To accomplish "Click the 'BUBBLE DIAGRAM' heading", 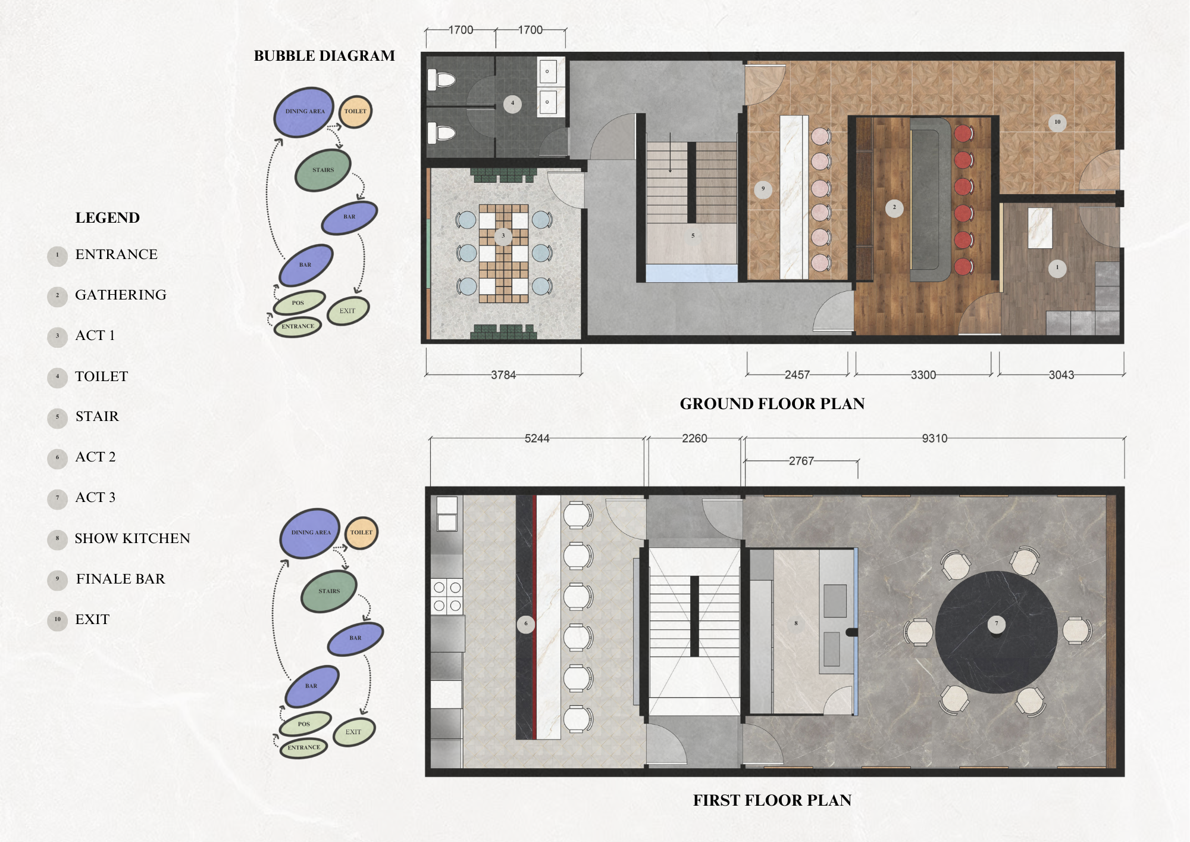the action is click(x=324, y=56).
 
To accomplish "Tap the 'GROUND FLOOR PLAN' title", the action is click(x=772, y=404).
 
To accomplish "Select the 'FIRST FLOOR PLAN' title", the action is click(x=772, y=800).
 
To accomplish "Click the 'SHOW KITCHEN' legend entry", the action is click(x=132, y=538).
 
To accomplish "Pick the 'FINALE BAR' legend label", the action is click(x=121, y=579).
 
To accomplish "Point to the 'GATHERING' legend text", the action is click(x=121, y=295).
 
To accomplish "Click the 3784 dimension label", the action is click(x=503, y=375).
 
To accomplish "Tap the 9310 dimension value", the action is click(x=934, y=438).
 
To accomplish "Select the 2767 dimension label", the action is click(x=801, y=461).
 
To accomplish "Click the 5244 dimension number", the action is click(x=537, y=438).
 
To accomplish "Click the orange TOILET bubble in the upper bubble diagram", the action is click(x=355, y=111).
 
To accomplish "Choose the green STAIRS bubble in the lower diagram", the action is click(x=329, y=591).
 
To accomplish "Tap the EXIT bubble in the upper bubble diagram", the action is click(x=348, y=311).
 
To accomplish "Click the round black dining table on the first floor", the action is click(x=997, y=632).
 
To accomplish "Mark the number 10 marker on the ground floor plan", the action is click(x=1057, y=122).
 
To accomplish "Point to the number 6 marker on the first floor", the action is click(x=525, y=624).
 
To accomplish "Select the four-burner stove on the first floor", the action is click(x=447, y=597).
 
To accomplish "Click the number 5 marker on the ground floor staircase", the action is click(x=693, y=236).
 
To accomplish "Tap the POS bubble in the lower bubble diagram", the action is click(x=304, y=724).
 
